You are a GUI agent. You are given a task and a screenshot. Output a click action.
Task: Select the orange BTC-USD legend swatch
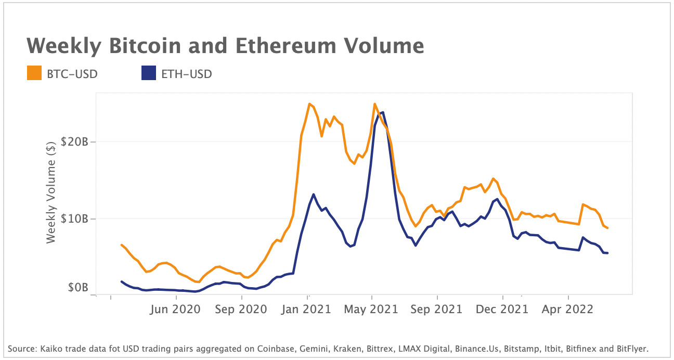[x=34, y=74]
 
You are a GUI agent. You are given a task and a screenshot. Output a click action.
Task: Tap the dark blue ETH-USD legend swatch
[x=149, y=74]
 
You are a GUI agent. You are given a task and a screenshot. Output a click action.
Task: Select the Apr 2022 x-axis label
[x=568, y=309]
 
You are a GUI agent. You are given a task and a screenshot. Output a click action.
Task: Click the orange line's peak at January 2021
[x=309, y=104]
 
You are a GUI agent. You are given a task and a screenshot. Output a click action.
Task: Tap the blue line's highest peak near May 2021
[x=383, y=112]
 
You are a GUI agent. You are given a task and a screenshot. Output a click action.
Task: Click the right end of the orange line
[x=607, y=228]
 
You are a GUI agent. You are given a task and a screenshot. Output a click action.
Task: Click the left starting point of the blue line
[x=121, y=281]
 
